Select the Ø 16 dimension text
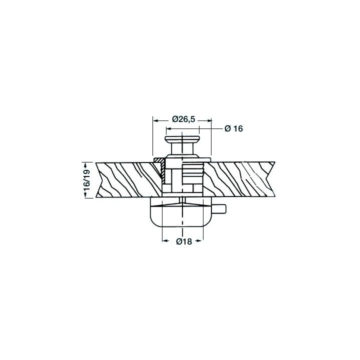point(233,128)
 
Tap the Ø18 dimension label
point(184,241)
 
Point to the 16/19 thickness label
point(87,180)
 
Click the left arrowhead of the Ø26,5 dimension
point(156,120)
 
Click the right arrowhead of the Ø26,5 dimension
point(208,120)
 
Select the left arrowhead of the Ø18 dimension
point(165,240)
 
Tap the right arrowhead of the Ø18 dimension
point(200,240)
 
